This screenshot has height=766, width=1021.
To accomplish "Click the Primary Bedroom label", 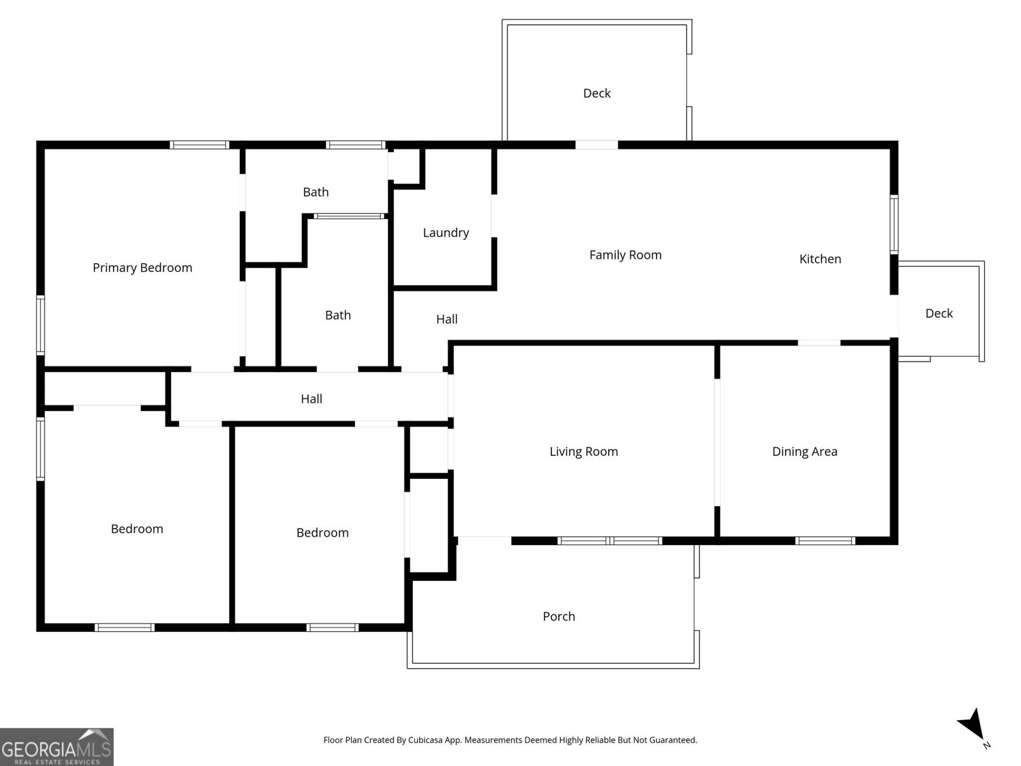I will (142, 267).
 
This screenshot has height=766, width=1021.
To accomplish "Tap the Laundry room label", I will (445, 232).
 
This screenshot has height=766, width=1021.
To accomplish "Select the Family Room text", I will (625, 255).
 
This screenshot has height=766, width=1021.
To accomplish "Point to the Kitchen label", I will (820, 259).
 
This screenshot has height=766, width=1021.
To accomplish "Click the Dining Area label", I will (804, 451).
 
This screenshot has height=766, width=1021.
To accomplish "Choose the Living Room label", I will (583, 451).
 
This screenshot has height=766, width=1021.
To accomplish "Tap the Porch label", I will (558, 616).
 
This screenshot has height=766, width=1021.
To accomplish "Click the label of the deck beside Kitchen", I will (939, 313).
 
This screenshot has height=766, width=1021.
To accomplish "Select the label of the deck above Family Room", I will (597, 93).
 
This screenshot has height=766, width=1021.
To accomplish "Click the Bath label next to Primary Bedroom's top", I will (315, 191).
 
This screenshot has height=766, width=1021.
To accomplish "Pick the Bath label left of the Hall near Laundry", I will (338, 315).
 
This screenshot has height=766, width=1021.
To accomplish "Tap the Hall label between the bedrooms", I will (311, 398).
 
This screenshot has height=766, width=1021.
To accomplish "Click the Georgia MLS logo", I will (56, 746).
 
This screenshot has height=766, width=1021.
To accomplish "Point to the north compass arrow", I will (971, 726).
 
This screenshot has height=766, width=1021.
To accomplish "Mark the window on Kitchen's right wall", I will (894, 225).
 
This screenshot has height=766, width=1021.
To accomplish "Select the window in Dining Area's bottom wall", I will (824, 541).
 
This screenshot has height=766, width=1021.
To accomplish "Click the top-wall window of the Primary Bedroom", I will (199, 145).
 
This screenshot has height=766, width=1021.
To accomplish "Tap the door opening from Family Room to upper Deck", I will (597, 145).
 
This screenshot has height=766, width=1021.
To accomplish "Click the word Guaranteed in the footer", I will (673, 740).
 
